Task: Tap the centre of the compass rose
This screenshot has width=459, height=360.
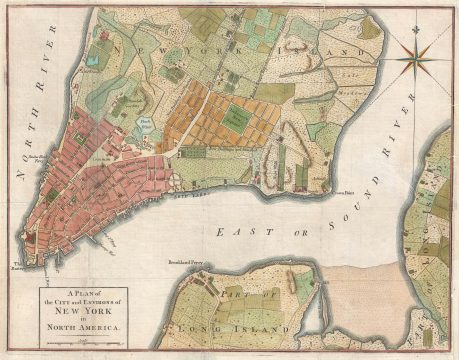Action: pos(415,59)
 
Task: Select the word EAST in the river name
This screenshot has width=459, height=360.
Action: pos(233,231)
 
